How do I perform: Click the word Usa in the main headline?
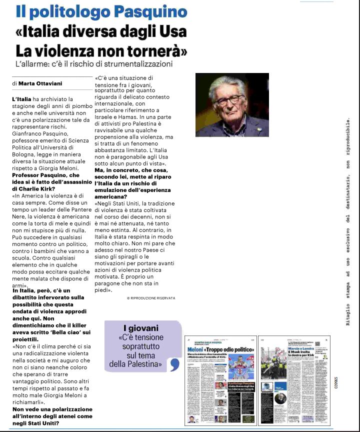click(171, 31)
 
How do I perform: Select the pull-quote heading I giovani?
click(141, 328)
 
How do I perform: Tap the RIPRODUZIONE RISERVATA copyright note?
click(151, 298)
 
